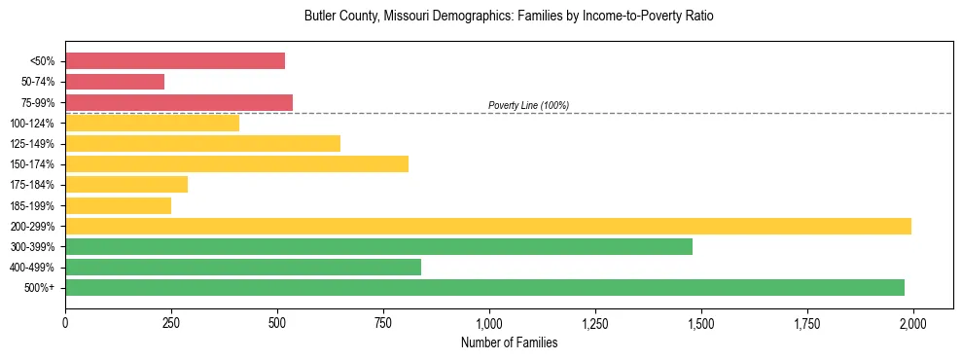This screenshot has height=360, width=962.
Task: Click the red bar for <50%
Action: click(x=175, y=60)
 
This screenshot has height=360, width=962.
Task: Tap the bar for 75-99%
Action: click(x=179, y=102)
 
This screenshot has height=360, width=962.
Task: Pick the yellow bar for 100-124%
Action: click(x=152, y=123)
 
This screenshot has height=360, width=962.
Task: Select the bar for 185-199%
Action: click(x=118, y=205)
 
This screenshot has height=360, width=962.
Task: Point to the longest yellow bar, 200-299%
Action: click(x=488, y=226)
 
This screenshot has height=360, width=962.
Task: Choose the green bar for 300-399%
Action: click(x=378, y=246)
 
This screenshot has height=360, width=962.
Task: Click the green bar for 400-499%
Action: click(x=243, y=267)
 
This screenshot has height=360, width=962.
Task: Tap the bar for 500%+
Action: click(x=484, y=287)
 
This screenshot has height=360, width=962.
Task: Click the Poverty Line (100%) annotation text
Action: click(x=528, y=105)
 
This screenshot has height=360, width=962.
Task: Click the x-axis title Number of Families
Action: click(x=509, y=342)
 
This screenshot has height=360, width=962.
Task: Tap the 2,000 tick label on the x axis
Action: click(x=912, y=322)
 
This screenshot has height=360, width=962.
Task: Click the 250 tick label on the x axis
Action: click(x=171, y=322)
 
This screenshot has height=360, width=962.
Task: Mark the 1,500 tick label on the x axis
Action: click(x=700, y=322)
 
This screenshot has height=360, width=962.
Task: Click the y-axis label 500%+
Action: click(x=40, y=288)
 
